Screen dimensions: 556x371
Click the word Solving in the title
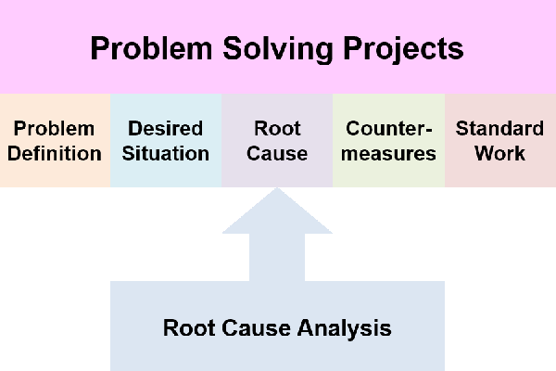(x=278, y=49)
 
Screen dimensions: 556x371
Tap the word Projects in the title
(x=403, y=49)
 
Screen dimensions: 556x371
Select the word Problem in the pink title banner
(x=151, y=48)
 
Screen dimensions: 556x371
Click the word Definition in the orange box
(x=55, y=153)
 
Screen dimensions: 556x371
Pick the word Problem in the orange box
(x=55, y=128)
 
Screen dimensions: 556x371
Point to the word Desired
(x=166, y=128)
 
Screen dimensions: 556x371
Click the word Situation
(x=166, y=153)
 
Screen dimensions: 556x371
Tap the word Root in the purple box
(x=277, y=128)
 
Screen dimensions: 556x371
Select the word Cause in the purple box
(x=277, y=153)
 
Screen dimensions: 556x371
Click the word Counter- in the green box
(x=389, y=128)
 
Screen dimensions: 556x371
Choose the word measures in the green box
(x=388, y=154)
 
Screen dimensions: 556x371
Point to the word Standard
(x=499, y=128)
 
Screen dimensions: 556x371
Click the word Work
(x=500, y=153)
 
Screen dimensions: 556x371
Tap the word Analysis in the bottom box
(x=345, y=328)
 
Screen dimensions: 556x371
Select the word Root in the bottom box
(x=189, y=327)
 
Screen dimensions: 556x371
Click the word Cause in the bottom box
(x=257, y=327)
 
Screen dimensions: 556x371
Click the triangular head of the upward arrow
(x=277, y=216)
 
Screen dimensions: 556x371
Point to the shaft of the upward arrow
(x=277, y=258)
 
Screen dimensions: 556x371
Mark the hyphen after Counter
(x=428, y=130)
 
